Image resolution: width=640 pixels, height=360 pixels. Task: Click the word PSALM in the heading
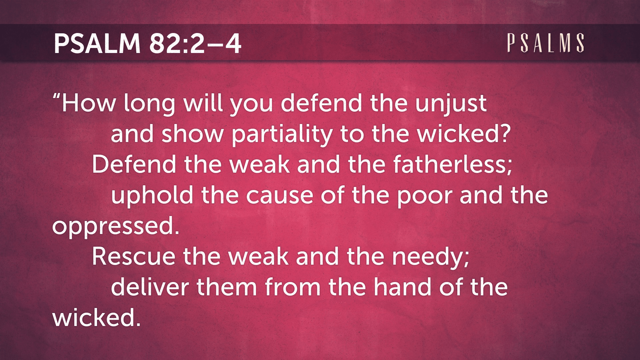[x=97, y=44]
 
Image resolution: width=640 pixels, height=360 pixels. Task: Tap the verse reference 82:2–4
[x=195, y=44]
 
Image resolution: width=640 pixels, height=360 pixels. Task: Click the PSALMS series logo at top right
[x=546, y=43]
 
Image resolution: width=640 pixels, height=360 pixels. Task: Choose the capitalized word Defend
[x=134, y=164]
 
